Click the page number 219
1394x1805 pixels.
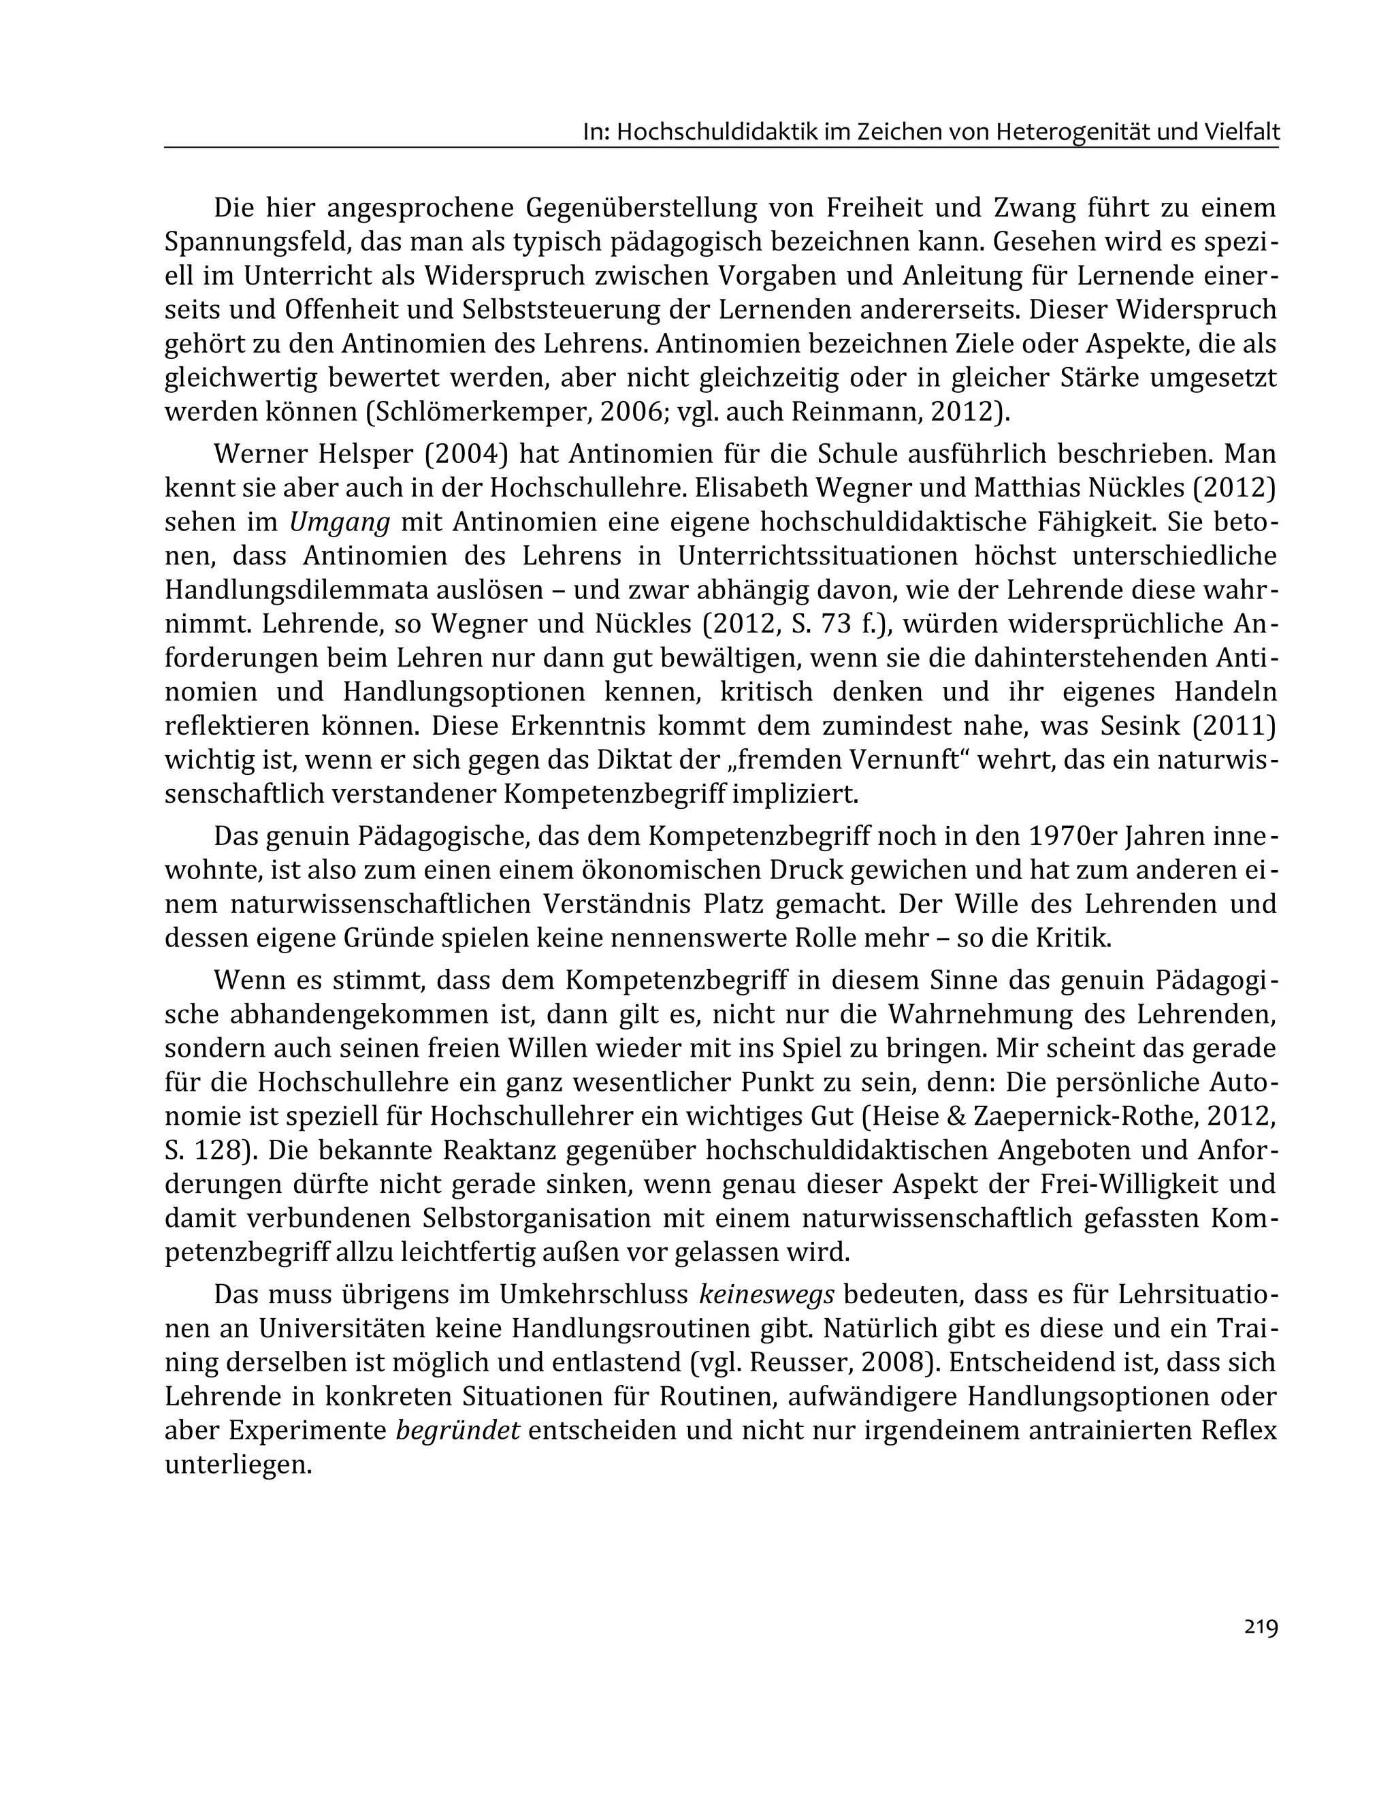(x=1260, y=1627)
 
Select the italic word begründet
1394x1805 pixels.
(x=458, y=1431)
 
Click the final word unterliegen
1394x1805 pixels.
(x=239, y=1465)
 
